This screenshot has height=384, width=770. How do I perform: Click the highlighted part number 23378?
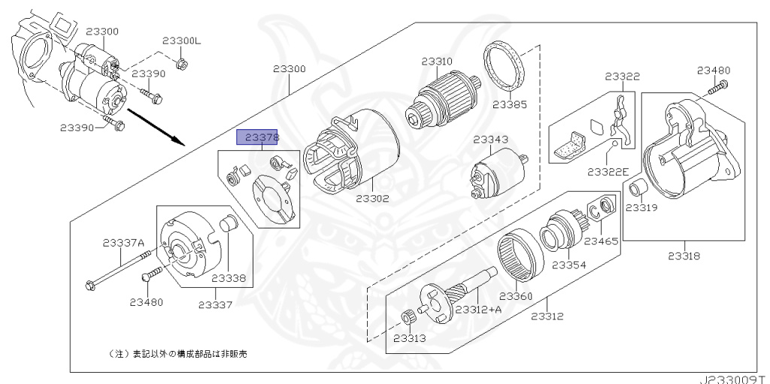pos(258,138)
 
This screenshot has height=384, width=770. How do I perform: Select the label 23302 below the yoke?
pos(372,198)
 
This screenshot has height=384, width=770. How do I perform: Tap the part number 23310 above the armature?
pos(437,62)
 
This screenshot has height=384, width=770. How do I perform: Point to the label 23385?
pos(510,104)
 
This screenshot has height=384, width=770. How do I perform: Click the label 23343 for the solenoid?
pos(491,140)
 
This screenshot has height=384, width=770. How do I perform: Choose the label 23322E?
pos(608,171)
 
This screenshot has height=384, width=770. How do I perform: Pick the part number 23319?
pos(641,207)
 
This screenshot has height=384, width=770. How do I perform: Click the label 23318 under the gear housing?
pos(684,255)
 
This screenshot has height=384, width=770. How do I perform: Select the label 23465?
pos(601,241)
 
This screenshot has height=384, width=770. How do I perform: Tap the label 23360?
pos(516,297)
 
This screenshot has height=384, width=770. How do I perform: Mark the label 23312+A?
pos(479,310)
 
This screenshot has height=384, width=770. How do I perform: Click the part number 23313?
pos(410,338)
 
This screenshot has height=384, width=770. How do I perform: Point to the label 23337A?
pos(124,242)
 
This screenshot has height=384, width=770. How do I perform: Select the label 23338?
pos(229,278)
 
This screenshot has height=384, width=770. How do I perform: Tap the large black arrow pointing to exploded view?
pos(156,127)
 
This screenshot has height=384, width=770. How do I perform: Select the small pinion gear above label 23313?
pos(407,319)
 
